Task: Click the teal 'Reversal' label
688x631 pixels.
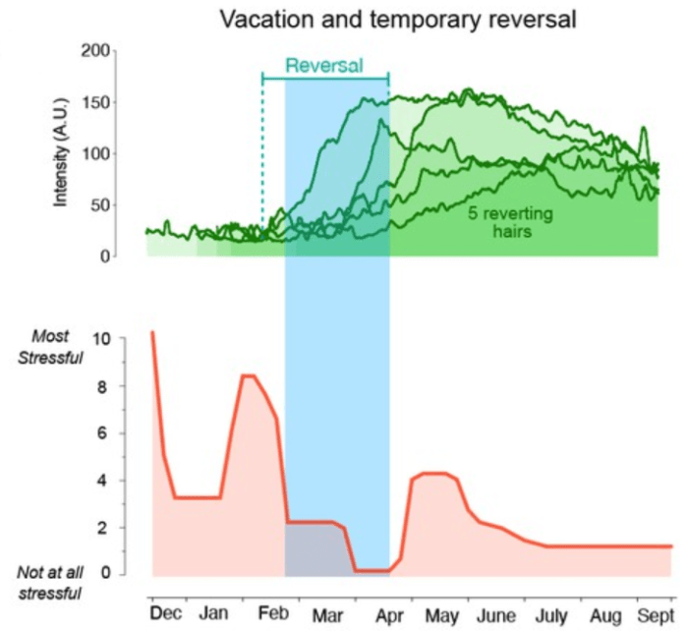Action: click(x=324, y=67)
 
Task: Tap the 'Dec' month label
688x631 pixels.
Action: click(x=166, y=614)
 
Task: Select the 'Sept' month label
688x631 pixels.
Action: click(x=653, y=614)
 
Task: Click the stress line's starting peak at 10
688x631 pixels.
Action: click(x=152, y=332)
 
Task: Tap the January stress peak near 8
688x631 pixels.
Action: click(x=249, y=375)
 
